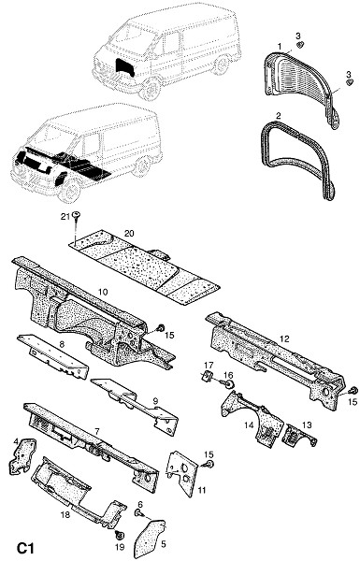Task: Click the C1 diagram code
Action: [x=25, y=548]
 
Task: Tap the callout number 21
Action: [x=65, y=217]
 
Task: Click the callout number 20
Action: [x=129, y=233]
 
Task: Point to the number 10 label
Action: [x=103, y=292]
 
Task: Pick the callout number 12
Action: [x=284, y=338]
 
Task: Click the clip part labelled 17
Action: [x=207, y=377]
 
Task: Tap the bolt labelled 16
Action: [x=227, y=384]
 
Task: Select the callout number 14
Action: [x=249, y=425]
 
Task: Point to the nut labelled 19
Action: [x=120, y=536]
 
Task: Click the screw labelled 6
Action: [x=138, y=513]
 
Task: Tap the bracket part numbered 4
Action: [x=22, y=455]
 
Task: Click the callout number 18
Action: [x=65, y=514]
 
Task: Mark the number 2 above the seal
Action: [x=279, y=116]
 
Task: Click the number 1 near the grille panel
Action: [x=280, y=46]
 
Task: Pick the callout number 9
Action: [x=155, y=401]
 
